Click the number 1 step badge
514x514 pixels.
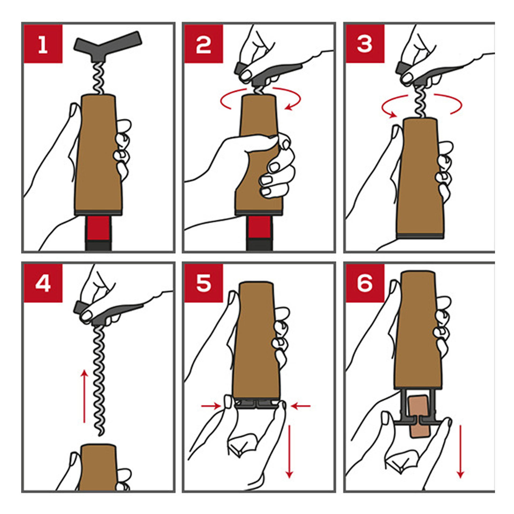pyautogui.click(x=43, y=44)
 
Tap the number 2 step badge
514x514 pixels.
pyautogui.click(x=203, y=44)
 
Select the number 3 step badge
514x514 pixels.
pyautogui.click(x=365, y=44)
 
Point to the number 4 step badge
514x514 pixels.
pyautogui.click(x=43, y=283)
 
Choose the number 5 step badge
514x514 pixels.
pyautogui.click(x=203, y=283)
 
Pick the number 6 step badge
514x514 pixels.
pyautogui.click(x=365, y=283)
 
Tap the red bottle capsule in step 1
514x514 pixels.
pyautogui.click(x=99, y=228)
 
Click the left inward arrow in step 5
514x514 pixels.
pyautogui.click(x=211, y=406)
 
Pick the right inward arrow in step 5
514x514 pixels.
pyautogui.click(x=301, y=406)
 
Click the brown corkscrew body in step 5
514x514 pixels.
pyautogui.click(x=256, y=340)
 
